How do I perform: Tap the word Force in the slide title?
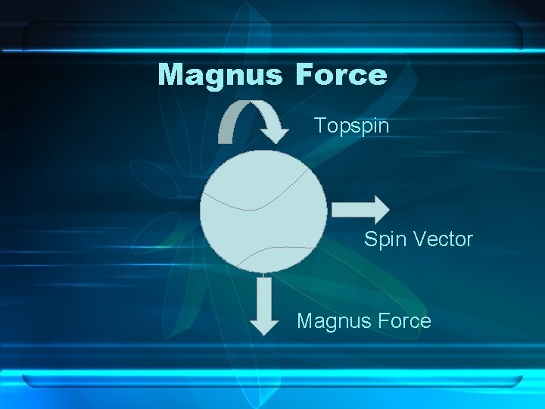click(341, 75)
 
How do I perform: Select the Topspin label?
click(351, 126)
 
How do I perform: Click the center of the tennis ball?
click(263, 211)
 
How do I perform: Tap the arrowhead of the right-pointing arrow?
click(378, 209)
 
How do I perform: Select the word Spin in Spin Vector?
click(383, 240)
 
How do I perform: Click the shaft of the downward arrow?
click(264, 295)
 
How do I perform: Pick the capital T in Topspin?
click(319, 125)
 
